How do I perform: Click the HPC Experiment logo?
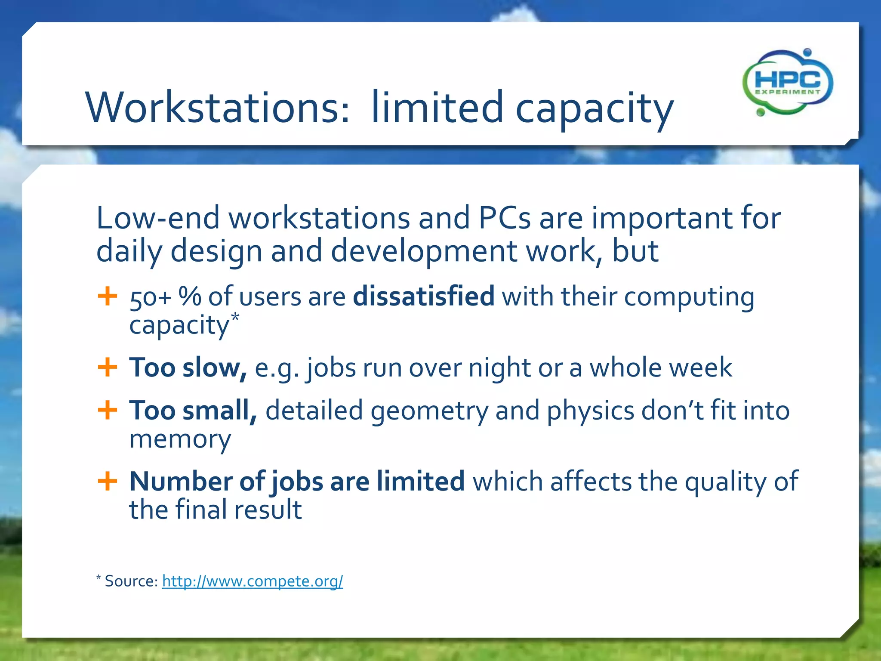788,83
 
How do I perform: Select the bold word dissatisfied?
423,297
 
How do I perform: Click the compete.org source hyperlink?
253,581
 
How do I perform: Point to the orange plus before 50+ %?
107,297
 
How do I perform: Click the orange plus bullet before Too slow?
107,368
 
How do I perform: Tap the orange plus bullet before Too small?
107,410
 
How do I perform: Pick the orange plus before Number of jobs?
107,481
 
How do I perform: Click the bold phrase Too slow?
188,368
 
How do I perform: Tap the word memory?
180,439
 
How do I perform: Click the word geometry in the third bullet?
429,411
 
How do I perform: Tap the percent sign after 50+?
190,297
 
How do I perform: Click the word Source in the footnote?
131,581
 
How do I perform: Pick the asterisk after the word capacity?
235,318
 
